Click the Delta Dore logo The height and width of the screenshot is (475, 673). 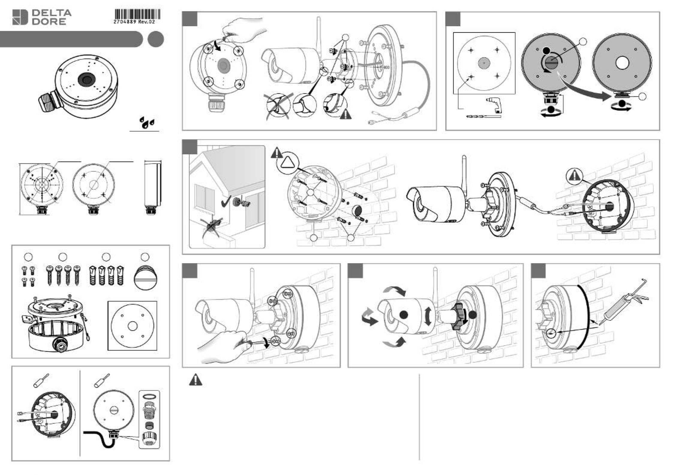pos(42,17)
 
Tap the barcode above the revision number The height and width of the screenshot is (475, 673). pos(137,14)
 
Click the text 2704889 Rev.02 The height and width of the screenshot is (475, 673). pos(134,22)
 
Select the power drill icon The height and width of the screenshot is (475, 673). pos(493,105)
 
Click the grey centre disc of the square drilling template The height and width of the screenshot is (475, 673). pos(484,63)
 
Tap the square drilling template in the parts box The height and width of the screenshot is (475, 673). pos(132,326)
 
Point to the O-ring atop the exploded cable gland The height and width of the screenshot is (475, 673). pos(149,396)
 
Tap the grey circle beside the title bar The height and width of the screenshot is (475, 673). pos(156,39)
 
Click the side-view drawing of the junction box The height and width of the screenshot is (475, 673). pos(153,187)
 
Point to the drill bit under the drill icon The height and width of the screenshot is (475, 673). pos(483,116)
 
